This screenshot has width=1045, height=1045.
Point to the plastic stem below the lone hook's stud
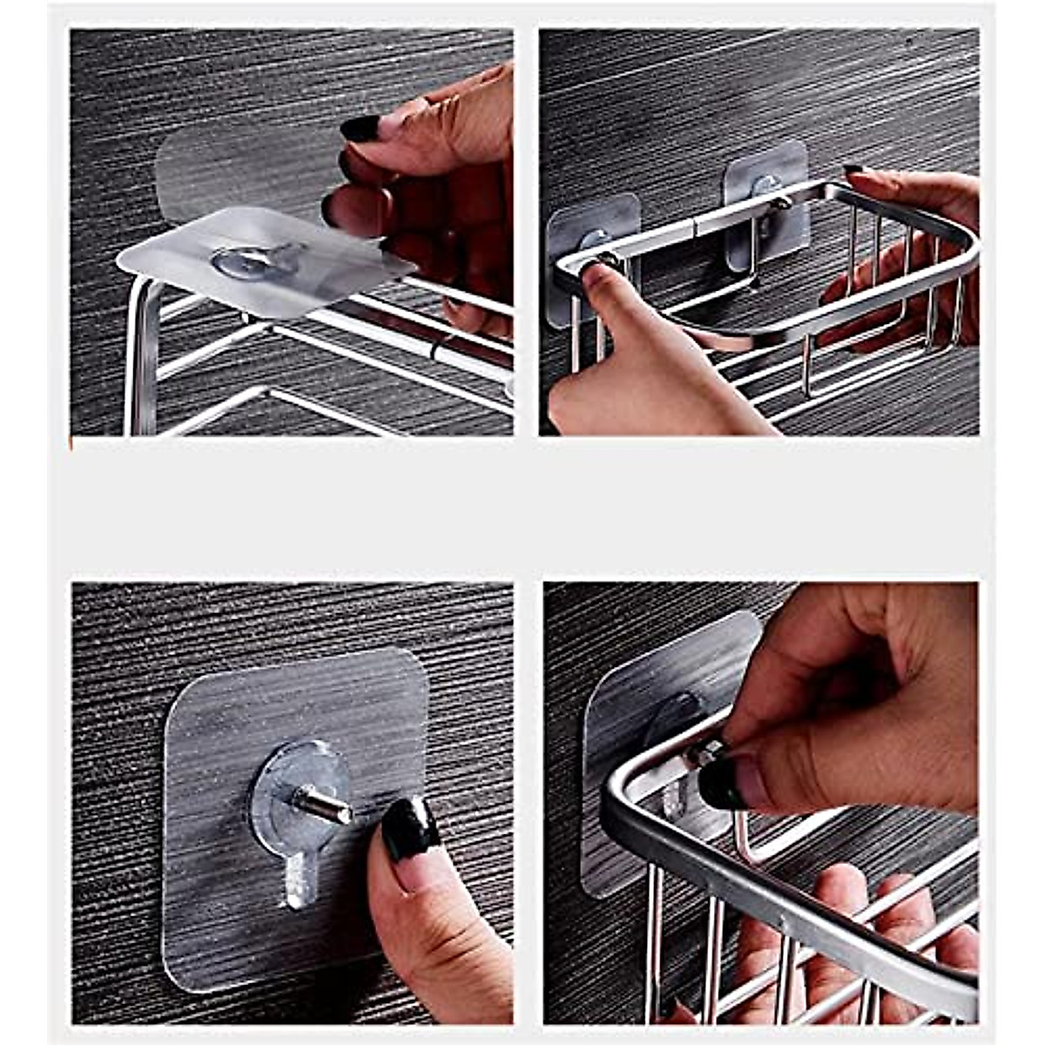[300, 875]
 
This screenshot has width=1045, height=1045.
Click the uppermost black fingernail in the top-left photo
[360, 127]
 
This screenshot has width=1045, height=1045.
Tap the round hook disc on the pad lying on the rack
[258, 260]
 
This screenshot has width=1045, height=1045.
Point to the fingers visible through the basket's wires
[836, 923]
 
